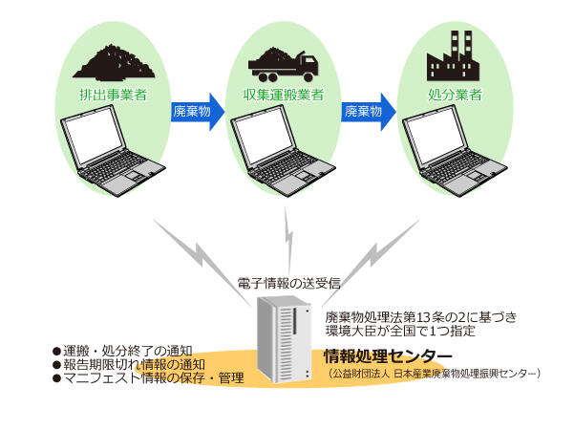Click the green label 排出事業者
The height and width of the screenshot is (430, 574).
[x=114, y=95]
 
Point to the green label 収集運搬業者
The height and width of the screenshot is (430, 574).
[x=284, y=95]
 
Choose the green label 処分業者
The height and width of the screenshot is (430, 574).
[x=455, y=95]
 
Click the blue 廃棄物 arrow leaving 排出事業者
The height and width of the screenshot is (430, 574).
[x=198, y=112]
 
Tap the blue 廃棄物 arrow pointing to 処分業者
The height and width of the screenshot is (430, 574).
[x=369, y=112]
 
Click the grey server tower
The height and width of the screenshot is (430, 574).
[x=285, y=339]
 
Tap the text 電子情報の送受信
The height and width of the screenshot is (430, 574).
[x=289, y=283]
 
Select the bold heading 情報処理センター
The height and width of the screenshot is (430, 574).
[x=388, y=356]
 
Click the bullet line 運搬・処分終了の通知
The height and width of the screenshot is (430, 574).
[x=122, y=351]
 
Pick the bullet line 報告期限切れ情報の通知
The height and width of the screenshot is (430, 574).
[x=129, y=364]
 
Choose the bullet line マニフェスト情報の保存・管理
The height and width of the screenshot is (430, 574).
[x=148, y=377]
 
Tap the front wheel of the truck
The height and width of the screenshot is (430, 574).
[x=308, y=77]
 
